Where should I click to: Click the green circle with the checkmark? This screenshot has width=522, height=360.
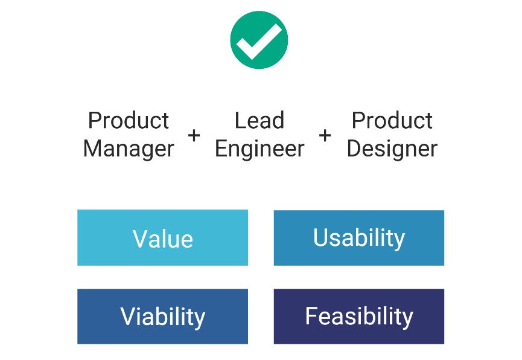point(259,40)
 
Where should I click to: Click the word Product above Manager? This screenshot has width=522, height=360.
point(129,121)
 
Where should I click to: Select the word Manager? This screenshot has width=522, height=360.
point(129,148)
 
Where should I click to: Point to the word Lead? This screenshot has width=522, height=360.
point(259,121)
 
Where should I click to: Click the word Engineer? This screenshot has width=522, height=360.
point(259,148)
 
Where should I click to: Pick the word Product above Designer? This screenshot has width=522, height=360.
point(392,121)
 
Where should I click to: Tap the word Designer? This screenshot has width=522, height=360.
point(392,148)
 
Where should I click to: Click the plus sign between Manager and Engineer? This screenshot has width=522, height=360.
point(194,135)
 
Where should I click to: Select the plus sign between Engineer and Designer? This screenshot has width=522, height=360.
point(325,135)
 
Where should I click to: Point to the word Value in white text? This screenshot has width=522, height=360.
point(163,239)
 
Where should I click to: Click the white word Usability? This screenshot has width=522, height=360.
point(359,238)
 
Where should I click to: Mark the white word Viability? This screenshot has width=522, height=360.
point(163,317)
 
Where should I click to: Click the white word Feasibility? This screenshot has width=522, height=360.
point(359,317)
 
